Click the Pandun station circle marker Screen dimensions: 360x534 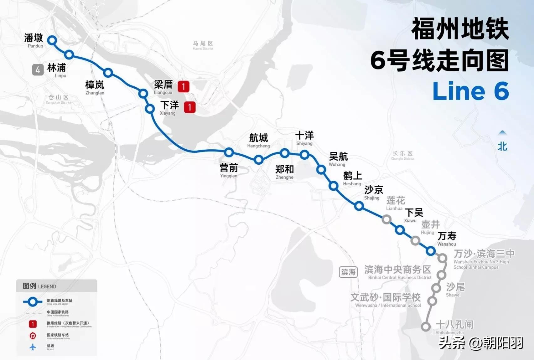(x=52, y=40)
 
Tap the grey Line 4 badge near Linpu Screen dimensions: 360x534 (x=38, y=69)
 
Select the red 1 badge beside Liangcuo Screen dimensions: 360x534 (x=184, y=86)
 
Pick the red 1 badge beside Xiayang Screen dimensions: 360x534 (x=189, y=107)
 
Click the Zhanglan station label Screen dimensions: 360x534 (x=95, y=88)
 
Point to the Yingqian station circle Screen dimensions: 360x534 (x=229, y=152)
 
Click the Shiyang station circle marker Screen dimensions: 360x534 (x=304, y=154)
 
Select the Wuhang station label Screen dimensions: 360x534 (x=338, y=159)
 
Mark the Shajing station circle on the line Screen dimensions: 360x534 (x=359, y=206)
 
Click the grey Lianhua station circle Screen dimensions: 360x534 (x=386, y=219)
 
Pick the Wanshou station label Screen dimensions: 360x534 (x=447, y=239)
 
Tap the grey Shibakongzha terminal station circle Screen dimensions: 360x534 (x=426, y=327)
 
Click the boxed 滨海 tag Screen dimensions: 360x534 (x=348, y=272)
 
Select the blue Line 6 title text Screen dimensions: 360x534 (x=470, y=91)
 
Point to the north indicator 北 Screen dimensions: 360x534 (x=502, y=146)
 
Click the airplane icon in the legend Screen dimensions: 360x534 (x=33, y=347)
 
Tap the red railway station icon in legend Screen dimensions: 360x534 (x=33, y=336)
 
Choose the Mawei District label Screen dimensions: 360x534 (x=203, y=45)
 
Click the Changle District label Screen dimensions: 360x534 (x=403, y=155)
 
